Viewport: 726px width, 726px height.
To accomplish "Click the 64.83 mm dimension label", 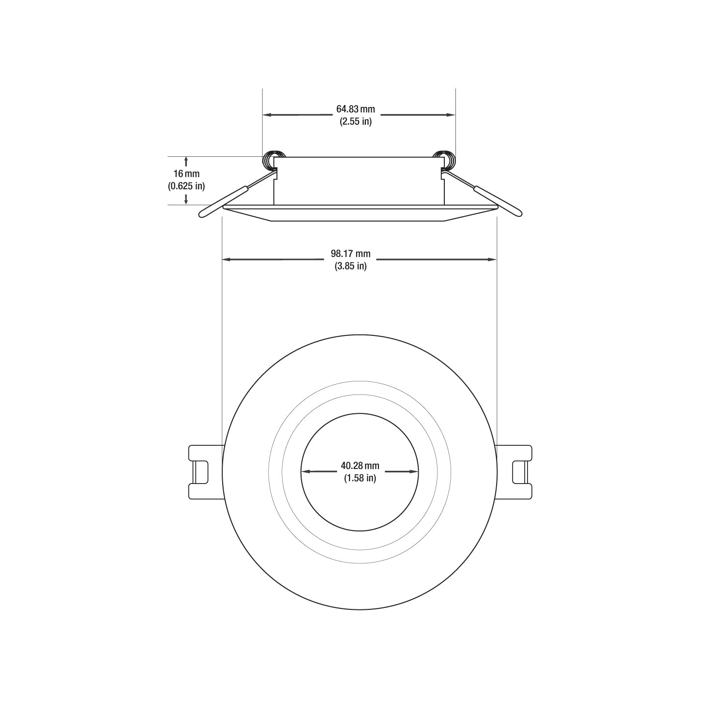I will click(x=356, y=109).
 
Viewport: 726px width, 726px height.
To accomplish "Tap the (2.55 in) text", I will click(x=356, y=121).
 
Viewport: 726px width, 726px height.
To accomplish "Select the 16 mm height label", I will click(x=186, y=173).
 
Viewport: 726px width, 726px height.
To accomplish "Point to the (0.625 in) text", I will click(x=186, y=185).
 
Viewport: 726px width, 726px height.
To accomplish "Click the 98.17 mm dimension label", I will click(x=351, y=254).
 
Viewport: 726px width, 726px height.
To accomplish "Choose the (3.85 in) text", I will click(x=351, y=266).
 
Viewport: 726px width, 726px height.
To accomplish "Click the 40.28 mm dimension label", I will click(x=360, y=466).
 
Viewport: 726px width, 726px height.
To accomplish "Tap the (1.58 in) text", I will click(x=360, y=478).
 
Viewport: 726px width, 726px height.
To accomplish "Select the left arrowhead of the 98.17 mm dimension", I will click(x=227, y=260).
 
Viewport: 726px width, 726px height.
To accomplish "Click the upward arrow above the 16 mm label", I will click(x=186, y=160).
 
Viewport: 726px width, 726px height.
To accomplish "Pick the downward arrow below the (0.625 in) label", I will click(x=186, y=199).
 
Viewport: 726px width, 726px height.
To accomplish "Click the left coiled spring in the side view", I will click(x=269, y=159).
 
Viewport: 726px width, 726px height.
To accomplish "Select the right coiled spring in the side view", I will click(x=444, y=159).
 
